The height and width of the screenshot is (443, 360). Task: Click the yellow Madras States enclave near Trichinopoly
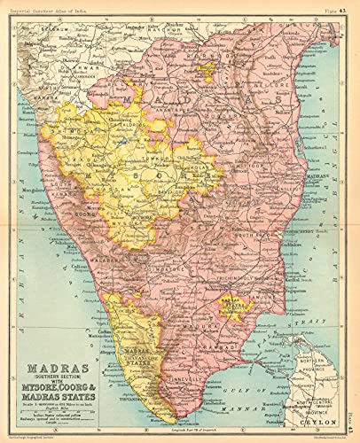coord(234,310)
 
